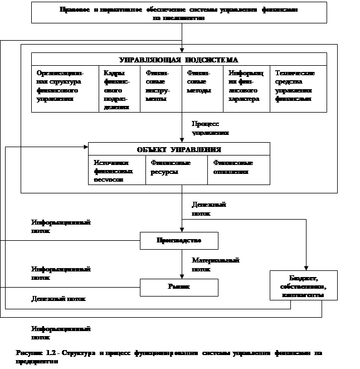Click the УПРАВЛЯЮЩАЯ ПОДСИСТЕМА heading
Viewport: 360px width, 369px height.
coord(179,59)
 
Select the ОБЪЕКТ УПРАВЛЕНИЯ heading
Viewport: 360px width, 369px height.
coord(179,149)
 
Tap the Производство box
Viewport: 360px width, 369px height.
coord(178,241)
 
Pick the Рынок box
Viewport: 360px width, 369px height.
coord(178,287)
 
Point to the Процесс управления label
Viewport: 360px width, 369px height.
coord(215,128)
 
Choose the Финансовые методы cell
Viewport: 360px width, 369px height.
coord(202,81)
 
